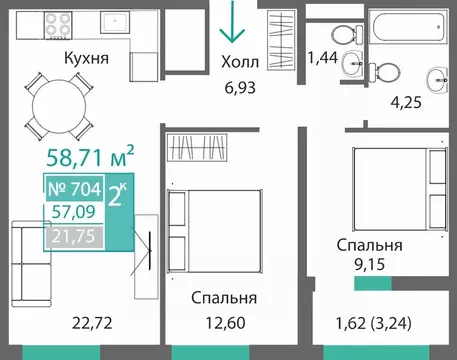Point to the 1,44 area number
(323, 58)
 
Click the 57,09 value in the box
(72, 211)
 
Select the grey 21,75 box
(72, 236)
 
